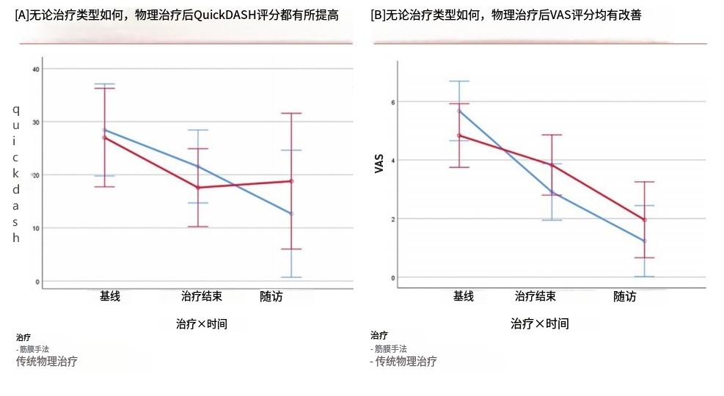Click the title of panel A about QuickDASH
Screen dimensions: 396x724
[176, 15]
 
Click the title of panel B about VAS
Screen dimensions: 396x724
[506, 15]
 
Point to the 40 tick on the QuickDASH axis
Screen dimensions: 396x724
[35, 69]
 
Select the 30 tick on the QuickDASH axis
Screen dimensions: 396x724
[35, 122]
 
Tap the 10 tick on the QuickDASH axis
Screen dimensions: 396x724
[35, 228]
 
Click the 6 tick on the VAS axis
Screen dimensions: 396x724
[392, 102]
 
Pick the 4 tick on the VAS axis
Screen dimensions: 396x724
[392, 161]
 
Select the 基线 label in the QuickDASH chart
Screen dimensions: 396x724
[111, 297]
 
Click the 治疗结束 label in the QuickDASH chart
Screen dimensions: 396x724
[202, 297]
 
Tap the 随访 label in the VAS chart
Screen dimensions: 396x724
[625, 297]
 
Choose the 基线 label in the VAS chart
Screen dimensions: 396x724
[464, 296]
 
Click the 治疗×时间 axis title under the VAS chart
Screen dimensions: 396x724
[540, 323]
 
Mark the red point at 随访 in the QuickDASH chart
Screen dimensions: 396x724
[291, 181]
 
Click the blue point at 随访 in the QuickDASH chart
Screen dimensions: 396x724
[291, 213]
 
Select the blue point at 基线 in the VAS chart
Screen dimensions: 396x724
[459, 111]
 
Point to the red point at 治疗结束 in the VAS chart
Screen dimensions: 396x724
[552, 165]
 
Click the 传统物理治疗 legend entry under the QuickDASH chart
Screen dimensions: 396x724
[47, 361]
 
